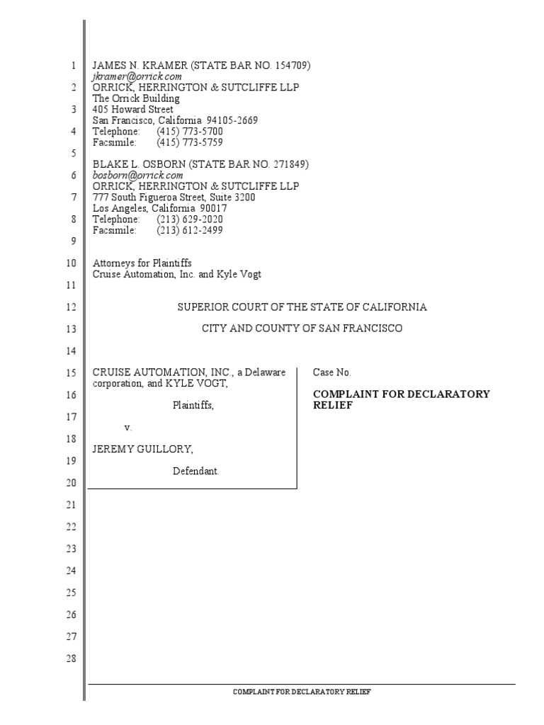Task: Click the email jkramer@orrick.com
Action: pyautogui.click(x=137, y=76)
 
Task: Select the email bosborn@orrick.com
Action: pyautogui.click(x=138, y=175)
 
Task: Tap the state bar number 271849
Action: pyautogui.click(x=290, y=164)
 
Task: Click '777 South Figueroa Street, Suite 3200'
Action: pyautogui.click(x=174, y=198)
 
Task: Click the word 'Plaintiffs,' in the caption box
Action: pyautogui.click(x=193, y=406)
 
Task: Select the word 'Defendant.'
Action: pyautogui.click(x=196, y=471)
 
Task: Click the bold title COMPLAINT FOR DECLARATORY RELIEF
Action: pyautogui.click(x=401, y=400)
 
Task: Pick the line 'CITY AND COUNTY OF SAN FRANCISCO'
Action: pyautogui.click(x=302, y=329)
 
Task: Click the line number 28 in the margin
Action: pyautogui.click(x=70, y=658)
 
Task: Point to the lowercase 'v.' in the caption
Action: pyautogui.click(x=128, y=428)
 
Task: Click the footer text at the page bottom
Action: pyautogui.click(x=302, y=692)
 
